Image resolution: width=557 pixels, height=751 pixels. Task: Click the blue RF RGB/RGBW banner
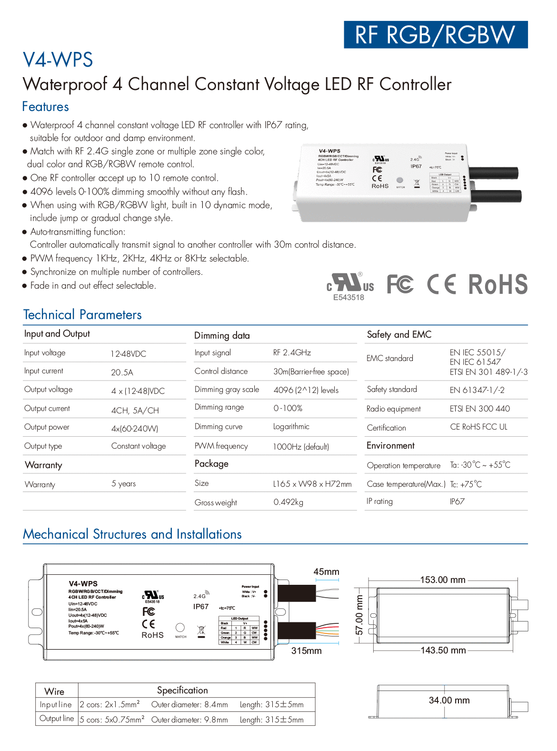pyautogui.click(x=435, y=35)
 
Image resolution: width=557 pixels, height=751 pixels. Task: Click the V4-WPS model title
pyautogui.click(x=58, y=60)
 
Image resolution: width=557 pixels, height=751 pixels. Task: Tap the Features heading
pyautogui.click(x=45, y=107)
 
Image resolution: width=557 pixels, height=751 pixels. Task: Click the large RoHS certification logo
pyautogui.click(x=497, y=284)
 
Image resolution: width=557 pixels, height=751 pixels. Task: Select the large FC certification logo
pyautogui.click(x=400, y=284)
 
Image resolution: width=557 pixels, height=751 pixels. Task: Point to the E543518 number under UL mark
pyautogui.click(x=348, y=298)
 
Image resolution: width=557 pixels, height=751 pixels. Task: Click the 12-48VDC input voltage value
pyautogui.click(x=128, y=354)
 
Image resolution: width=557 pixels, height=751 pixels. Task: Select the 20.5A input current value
pyautogui.click(x=122, y=372)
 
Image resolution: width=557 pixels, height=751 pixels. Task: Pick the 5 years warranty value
pyautogui.click(x=123, y=484)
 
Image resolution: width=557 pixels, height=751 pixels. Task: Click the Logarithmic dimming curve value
pyautogui.click(x=291, y=427)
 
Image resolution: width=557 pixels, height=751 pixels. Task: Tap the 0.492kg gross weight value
pyautogui.click(x=288, y=502)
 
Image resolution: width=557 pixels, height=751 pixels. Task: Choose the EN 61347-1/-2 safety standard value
pyautogui.click(x=477, y=390)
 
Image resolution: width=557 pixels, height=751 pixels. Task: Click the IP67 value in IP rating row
pyautogui.click(x=457, y=501)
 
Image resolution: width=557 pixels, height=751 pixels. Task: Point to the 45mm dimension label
pyautogui.click(x=326, y=571)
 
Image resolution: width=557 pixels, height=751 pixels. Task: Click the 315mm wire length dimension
pyautogui.click(x=306, y=651)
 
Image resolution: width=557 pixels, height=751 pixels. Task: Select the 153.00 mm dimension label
pyautogui.click(x=442, y=580)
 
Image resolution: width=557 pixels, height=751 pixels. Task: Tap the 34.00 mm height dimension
pyautogui.click(x=449, y=700)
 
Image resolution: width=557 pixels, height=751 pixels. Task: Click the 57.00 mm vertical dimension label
pyautogui.click(x=359, y=615)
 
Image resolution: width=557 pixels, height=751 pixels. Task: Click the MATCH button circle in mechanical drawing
pyautogui.click(x=180, y=628)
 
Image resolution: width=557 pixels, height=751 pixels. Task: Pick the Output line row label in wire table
pyautogui.click(x=57, y=719)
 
